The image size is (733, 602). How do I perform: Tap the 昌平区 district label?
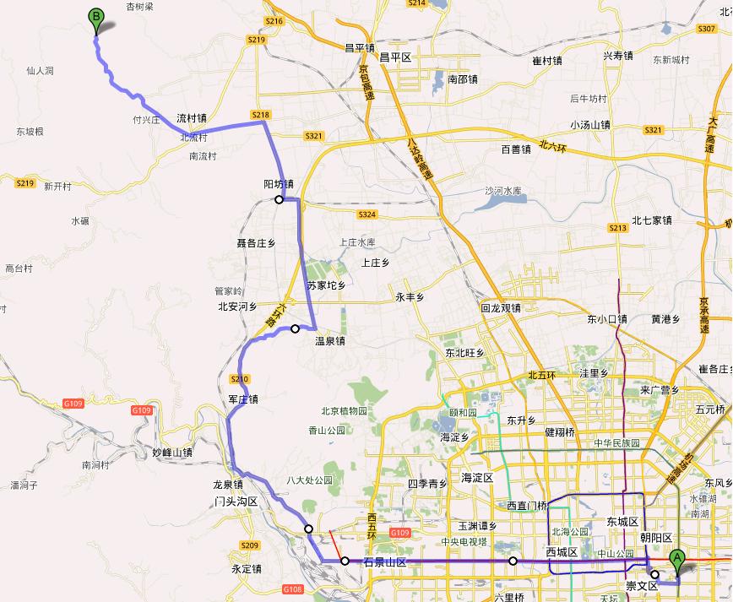(x=394, y=57)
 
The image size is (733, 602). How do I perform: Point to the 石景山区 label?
(x=385, y=562)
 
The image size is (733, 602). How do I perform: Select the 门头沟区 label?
(x=236, y=502)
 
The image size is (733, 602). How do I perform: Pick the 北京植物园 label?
(x=344, y=412)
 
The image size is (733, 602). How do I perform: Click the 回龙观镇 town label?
(x=500, y=308)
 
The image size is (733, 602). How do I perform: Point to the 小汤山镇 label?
(x=590, y=124)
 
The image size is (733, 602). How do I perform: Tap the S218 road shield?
(x=260, y=115)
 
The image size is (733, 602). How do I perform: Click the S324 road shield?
(x=366, y=214)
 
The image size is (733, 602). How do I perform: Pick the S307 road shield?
(x=707, y=29)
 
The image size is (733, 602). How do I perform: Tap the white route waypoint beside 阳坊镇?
(x=279, y=200)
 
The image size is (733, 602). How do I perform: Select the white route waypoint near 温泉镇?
(x=296, y=328)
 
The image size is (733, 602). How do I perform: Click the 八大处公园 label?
(x=310, y=480)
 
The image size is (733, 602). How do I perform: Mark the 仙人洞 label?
(x=40, y=71)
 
